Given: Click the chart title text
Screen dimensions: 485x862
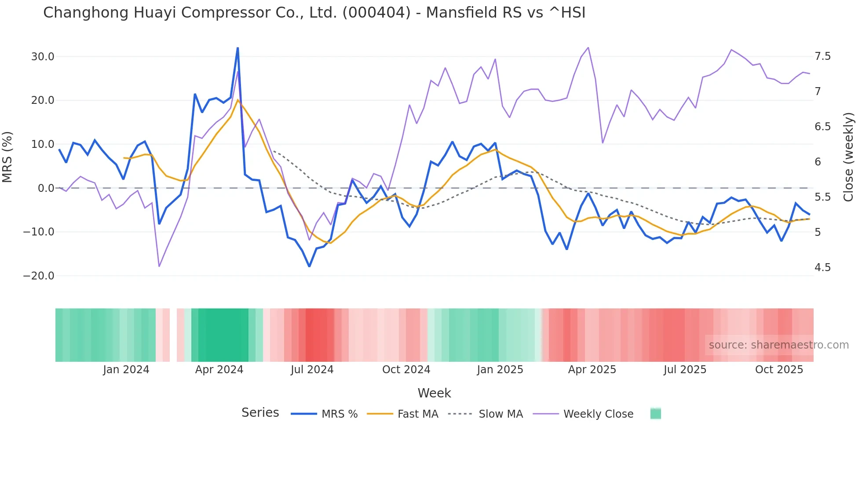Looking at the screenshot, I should click(x=314, y=13).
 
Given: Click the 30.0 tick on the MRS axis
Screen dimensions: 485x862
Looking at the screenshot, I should click(x=43, y=57).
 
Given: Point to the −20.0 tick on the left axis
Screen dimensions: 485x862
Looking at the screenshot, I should click(x=39, y=276).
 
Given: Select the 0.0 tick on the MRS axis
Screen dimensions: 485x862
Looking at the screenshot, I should click(x=46, y=188).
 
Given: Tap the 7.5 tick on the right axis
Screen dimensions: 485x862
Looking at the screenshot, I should click(x=823, y=56).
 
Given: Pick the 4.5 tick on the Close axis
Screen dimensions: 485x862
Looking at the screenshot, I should click(x=823, y=268).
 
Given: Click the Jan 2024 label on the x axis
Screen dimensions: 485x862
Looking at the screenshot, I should click(x=126, y=370).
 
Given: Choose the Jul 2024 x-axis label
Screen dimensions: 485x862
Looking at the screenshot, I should click(x=312, y=370).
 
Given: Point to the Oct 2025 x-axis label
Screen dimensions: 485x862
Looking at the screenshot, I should click(x=779, y=370).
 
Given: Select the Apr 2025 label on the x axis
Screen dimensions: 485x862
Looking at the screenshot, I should click(x=592, y=370).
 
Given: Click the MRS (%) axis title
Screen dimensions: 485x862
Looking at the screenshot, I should click(x=7, y=157).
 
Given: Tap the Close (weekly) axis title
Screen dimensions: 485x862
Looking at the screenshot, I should click(x=848, y=157).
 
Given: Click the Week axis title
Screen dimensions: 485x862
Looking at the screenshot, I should click(x=434, y=393).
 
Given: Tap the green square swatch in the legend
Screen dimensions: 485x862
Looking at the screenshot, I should click(x=656, y=414).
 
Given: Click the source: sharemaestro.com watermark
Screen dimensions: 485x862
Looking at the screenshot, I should click(x=778, y=345).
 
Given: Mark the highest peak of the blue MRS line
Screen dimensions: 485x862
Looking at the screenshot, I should click(x=238, y=48).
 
